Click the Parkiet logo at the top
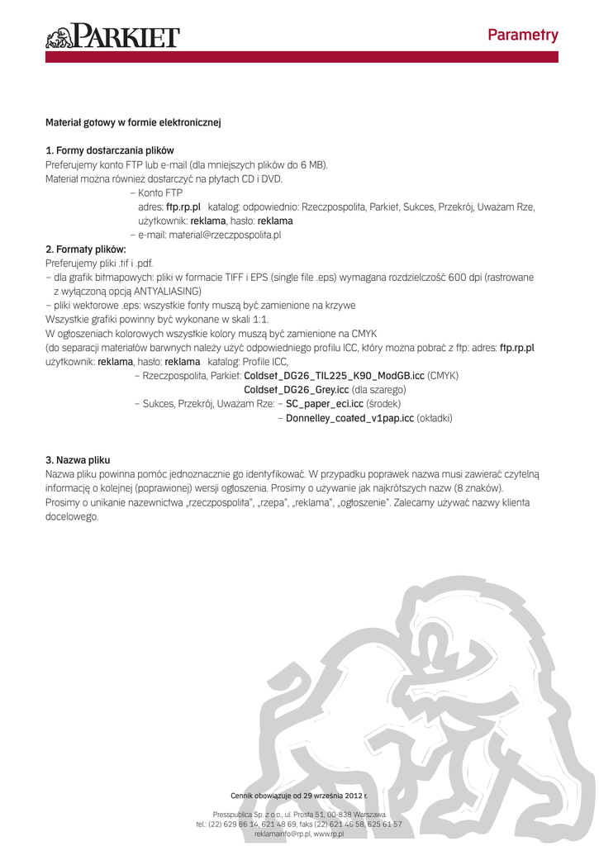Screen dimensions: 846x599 pos(112,36)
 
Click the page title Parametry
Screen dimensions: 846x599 pos(522,35)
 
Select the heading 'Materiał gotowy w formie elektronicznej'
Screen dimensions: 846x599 pos(133,122)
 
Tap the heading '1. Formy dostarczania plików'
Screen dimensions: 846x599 pos(109,150)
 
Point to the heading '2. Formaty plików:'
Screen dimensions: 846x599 pos(85,249)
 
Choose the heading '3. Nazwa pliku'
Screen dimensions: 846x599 pos(78,459)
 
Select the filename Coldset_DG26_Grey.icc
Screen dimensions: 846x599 pos(297,389)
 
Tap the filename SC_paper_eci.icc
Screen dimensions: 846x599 pos(325,404)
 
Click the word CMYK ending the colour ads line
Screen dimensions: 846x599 pos(364,333)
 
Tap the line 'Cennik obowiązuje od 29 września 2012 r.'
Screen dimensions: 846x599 pos(299,795)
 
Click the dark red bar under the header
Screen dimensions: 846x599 pos(302,57)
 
